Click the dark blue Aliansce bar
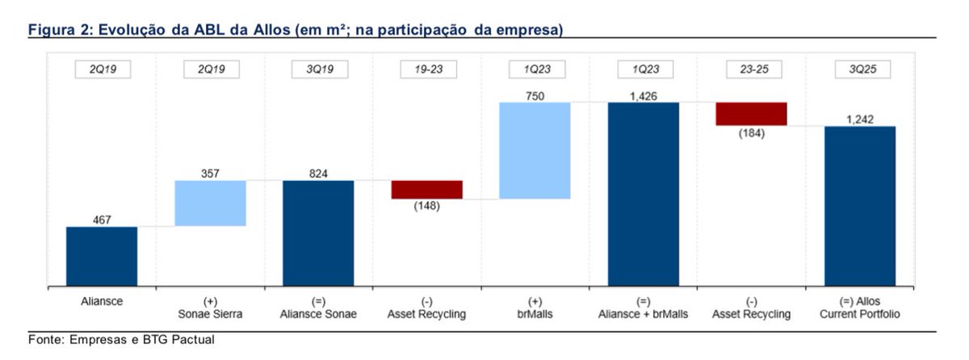pyautogui.click(x=102, y=256)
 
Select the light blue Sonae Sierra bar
pyautogui.click(x=210, y=203)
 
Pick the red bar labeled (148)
pyautogui.click(x=426, y=190)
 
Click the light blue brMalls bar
pyautogui.click(x=535, y=150)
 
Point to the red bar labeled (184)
pyautogui.click(x=751, y=114)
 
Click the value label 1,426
pyautogui.click(x=643, y=95)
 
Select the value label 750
pyautogui.click(x=535, y=94)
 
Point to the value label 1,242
pyautogui.click(x=859, y=119)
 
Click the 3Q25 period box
pyautogui.click(x=859, y=69)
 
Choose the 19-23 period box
pyautogui.click(x=426, y=69)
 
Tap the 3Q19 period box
pyautogui.click(x=318, y=69)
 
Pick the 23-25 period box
pyautogui.click(x=751, y=69)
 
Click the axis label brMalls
pyautogui.click(x=535, y=314)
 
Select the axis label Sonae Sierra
pyautogui.click(x=210, y=314)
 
